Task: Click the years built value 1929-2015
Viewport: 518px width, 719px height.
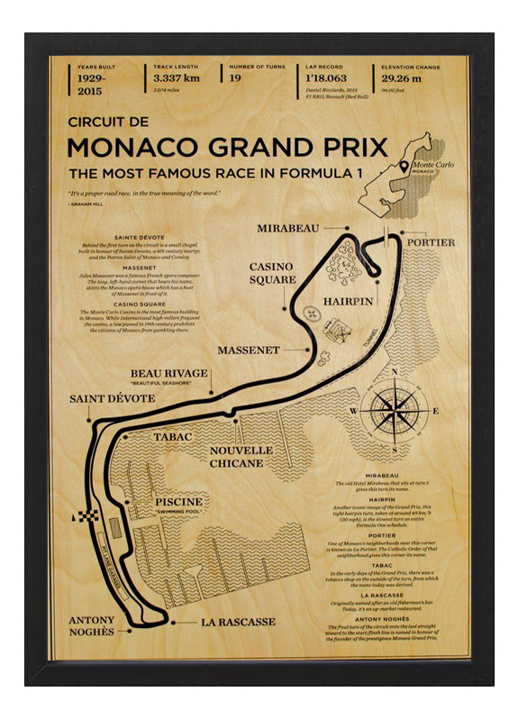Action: pos(96,84)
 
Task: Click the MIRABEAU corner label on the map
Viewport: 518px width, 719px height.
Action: pos(288,228)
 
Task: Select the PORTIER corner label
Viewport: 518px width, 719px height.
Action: pos(431,242)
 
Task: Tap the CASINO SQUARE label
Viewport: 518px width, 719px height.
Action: pos(273,273)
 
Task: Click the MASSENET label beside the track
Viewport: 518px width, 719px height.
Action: pos(249,349)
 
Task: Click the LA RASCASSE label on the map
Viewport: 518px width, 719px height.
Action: pos(237,622)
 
